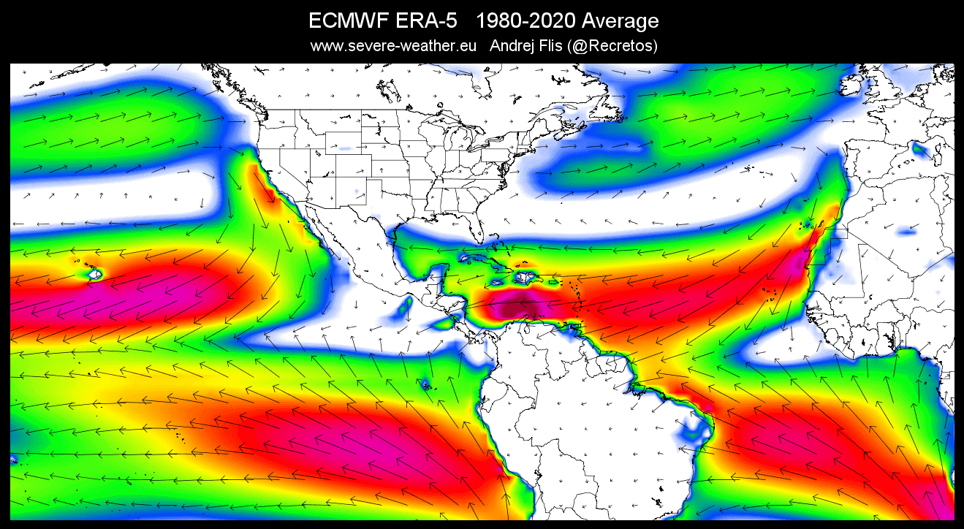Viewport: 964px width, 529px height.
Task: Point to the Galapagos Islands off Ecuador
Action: (425, 383)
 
